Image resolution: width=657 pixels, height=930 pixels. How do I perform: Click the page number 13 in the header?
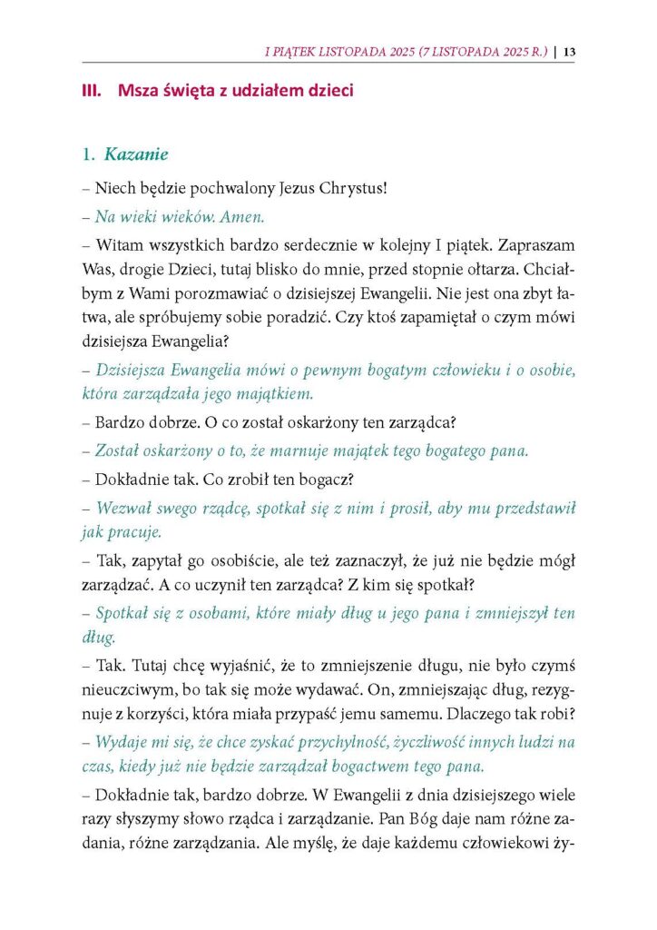pyautogui.click(x=569, y=51)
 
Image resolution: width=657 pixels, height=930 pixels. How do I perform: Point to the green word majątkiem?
pyautogui.click(x=273, y=394)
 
